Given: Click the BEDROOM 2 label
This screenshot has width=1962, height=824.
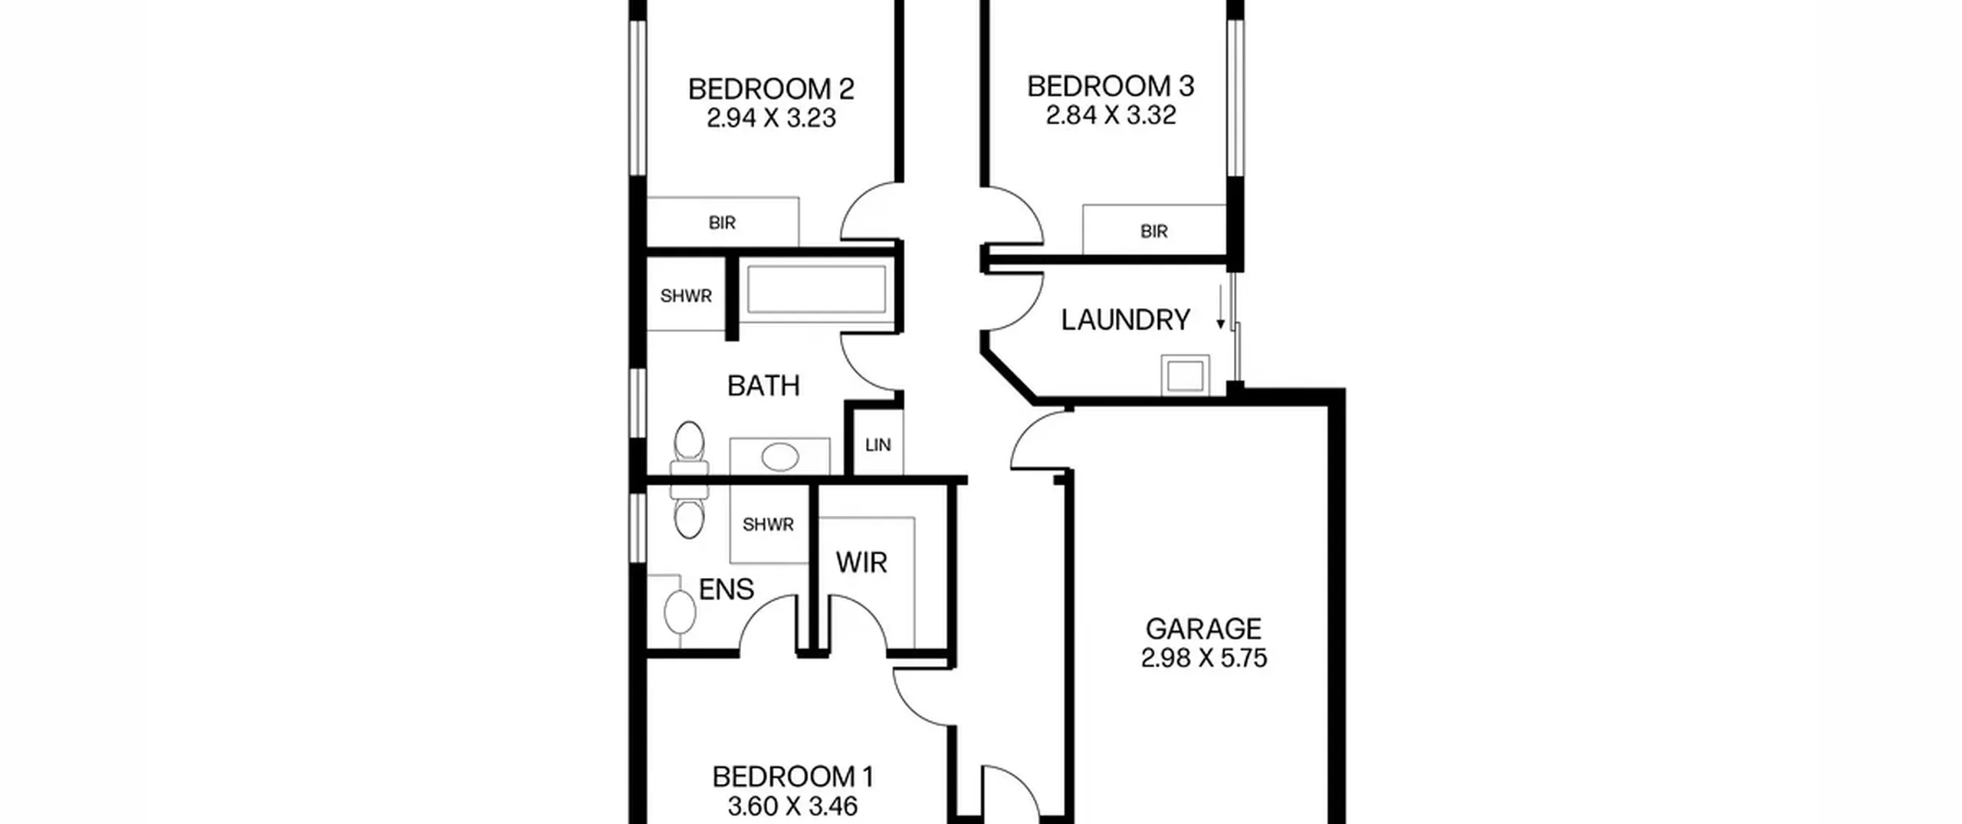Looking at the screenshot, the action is point(771,90).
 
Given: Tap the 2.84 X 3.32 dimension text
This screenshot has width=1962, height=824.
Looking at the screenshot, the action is point(1111,115).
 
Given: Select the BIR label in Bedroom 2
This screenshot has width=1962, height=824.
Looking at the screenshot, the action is point(722,223).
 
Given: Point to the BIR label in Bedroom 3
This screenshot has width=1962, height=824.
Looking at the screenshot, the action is point(1153,231).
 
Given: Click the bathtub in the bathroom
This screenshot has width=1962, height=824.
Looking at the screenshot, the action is point(816,290).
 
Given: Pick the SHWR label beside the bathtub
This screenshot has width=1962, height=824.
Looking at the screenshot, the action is point(686,296).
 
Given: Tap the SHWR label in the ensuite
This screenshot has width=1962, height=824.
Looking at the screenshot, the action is point(768,525).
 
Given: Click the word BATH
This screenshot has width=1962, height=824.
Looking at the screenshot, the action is point(763,386).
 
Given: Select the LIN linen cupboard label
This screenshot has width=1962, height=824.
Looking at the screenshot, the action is point(878,445).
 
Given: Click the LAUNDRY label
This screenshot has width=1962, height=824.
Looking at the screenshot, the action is point(1125,320).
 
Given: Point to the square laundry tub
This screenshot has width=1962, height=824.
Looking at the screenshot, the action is point(1185,376).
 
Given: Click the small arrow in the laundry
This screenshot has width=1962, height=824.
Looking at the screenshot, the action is point(1221,307).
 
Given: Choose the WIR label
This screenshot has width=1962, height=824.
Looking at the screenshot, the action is point(861,563).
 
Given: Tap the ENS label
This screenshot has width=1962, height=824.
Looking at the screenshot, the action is point(727,589).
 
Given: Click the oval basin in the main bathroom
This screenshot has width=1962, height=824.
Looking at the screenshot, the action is point(780,458).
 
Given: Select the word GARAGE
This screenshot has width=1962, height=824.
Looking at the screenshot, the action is point(1203,629).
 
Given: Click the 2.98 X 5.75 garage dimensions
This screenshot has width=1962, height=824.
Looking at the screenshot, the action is point(1203,658).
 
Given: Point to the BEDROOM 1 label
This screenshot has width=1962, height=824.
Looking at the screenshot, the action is point(792,777).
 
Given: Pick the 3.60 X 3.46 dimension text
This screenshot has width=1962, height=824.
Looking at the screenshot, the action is point(792,806).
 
